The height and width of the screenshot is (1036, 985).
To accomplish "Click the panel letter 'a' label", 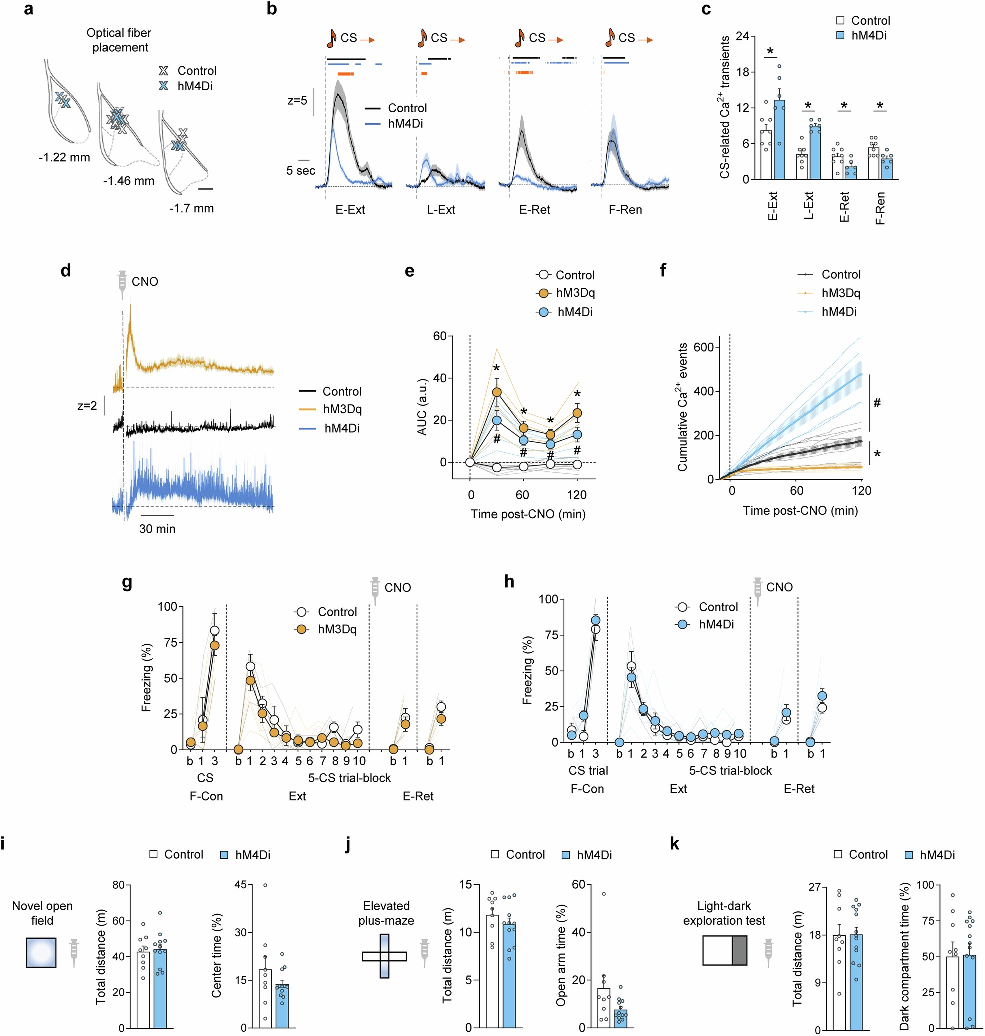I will click(29, 9).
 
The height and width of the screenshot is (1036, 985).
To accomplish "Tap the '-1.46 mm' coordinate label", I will click(128, 181).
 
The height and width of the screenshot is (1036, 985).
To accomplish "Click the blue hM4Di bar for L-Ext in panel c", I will click(815, 152).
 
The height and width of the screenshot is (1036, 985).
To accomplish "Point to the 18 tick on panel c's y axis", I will click(742, 72).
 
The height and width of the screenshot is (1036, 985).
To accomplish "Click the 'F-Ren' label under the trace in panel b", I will click(625, 210).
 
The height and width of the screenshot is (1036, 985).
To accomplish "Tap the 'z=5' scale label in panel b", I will click(297, 100).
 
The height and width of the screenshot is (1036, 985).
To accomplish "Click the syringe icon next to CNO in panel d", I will click(123, 282).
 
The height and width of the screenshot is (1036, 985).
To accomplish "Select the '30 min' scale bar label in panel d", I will click(157, 529).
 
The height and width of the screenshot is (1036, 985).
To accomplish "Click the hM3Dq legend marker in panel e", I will click(544, 293).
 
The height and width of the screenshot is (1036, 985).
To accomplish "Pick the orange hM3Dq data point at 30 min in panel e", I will click(496, 392).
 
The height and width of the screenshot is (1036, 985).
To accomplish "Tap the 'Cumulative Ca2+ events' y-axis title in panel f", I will click(682, 407).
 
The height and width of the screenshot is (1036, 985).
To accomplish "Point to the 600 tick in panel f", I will click(703, 347).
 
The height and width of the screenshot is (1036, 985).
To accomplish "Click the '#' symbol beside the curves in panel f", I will click(877, 403).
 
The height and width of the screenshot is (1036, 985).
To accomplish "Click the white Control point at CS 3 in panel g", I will click(214, 630).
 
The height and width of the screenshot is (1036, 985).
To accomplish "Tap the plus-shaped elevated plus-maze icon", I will click(384, 956).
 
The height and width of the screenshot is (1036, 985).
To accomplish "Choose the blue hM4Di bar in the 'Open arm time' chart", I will click(620, 1018).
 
